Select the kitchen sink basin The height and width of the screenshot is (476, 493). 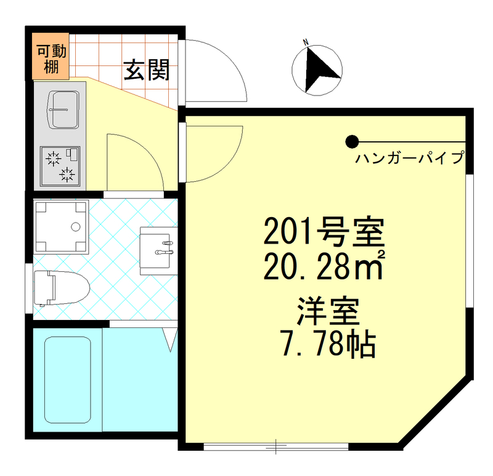63,110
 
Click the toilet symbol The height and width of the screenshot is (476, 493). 61,287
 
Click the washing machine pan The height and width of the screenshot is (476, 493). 61,226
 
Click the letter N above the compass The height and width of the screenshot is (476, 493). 304,42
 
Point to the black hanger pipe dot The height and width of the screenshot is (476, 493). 351,141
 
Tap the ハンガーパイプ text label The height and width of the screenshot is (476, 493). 409,159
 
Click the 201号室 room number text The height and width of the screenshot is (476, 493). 324,232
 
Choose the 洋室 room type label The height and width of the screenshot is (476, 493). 327,313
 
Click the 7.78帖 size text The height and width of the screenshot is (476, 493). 327,347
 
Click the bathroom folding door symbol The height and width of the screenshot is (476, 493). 170,339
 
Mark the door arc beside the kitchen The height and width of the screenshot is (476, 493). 134,162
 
